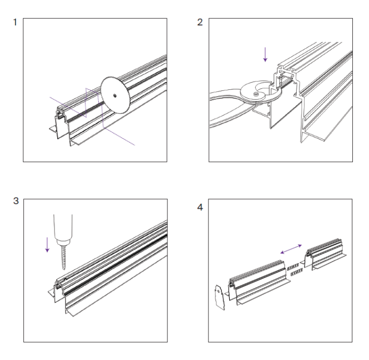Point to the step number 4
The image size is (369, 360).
[x=200, y=207]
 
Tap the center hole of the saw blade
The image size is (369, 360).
[x=113, y=95]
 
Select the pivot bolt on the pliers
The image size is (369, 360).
[x=257, y=94]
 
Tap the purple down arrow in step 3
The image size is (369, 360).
[x=48, y=243]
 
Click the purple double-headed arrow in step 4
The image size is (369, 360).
[x=290, y=247]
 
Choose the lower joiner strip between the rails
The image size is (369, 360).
[x=296, y=272]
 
